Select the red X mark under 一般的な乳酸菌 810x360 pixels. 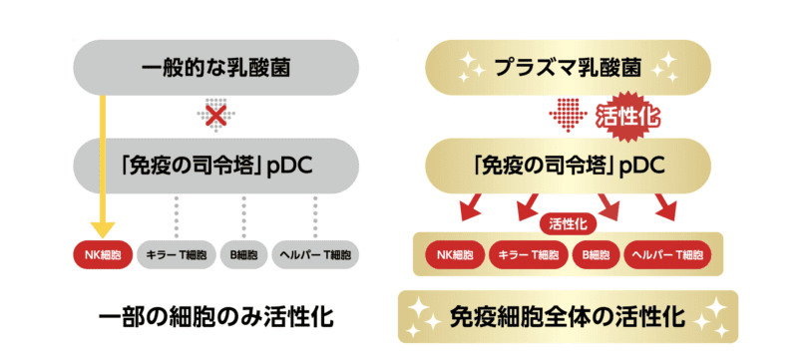(212, 114)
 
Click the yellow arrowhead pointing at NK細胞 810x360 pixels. (102, 228)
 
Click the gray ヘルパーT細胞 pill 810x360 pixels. (315, 253)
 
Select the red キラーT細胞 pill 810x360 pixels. (530, 253)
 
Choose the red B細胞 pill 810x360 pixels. (597, 253)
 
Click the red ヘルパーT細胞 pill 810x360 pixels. (670, 253)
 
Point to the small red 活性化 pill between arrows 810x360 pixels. (566, 224)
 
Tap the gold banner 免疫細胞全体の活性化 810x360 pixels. (567, 317)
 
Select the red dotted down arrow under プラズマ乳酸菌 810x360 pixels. (566, 114)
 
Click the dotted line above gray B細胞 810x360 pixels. (242, 215)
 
